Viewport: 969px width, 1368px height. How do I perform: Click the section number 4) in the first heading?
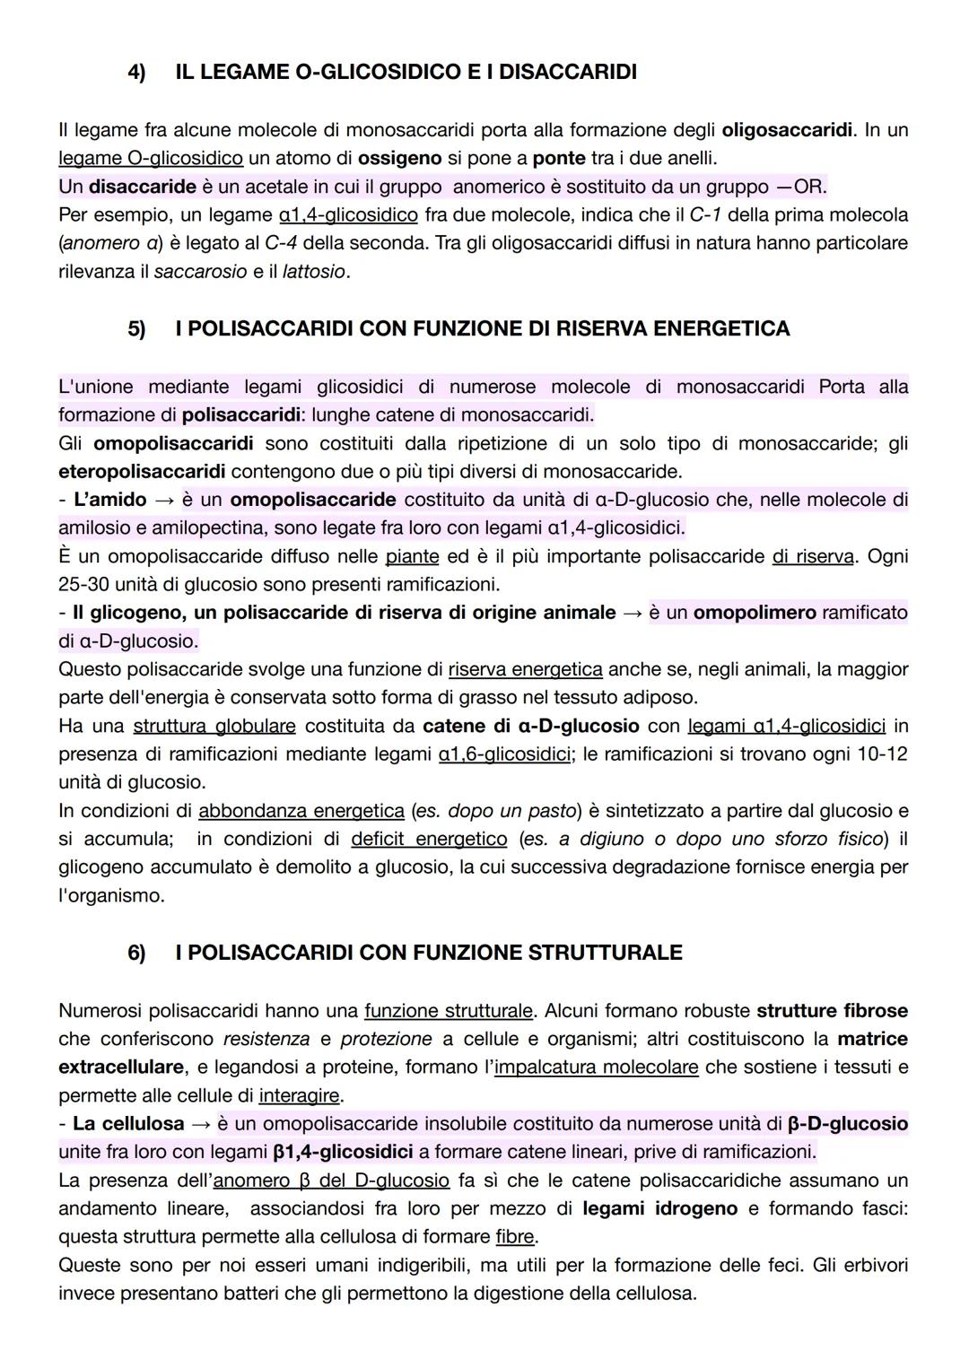136,72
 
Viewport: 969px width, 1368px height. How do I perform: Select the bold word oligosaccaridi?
787,130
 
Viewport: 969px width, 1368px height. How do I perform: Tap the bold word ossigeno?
399,158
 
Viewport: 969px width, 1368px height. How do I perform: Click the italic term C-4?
282,243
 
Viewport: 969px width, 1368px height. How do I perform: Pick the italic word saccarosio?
200,271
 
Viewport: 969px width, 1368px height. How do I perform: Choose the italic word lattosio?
313,271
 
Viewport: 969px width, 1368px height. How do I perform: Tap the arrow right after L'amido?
164,500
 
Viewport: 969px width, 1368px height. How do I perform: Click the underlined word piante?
412,556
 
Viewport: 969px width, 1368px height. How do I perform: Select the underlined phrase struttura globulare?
214,726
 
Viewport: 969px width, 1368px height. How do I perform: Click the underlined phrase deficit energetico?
428,839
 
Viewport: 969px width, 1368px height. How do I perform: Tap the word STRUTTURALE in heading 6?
605,953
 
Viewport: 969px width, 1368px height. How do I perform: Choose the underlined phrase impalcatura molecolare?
596,1067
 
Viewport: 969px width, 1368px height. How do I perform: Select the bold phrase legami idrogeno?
659,1208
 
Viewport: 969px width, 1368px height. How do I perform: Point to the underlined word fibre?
515,1237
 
